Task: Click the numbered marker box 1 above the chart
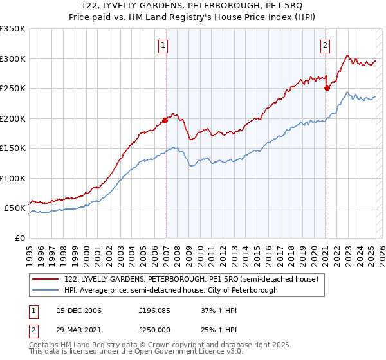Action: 164,45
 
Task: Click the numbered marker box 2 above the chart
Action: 326,45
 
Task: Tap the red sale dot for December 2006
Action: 165,120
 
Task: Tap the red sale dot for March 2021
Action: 327,88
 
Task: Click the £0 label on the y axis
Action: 19,238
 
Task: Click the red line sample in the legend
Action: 45,279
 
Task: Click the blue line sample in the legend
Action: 45,290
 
